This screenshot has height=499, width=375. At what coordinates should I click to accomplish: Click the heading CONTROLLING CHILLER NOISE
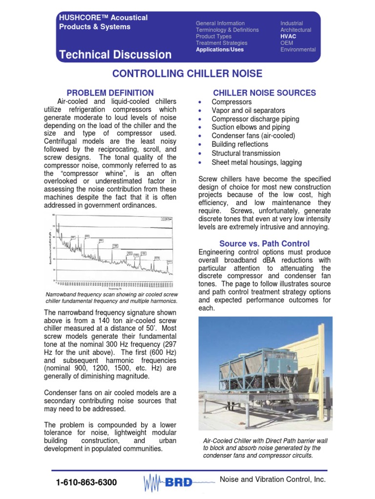[187, 74]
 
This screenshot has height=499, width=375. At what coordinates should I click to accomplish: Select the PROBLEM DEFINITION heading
[110, 93]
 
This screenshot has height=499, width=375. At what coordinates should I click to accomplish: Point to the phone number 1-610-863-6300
[86, 482]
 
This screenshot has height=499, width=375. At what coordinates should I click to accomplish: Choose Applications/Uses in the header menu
[219, 49]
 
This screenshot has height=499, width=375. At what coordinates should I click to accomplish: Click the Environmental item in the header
[298, 49]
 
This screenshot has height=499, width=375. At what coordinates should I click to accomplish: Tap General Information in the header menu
[220, 23]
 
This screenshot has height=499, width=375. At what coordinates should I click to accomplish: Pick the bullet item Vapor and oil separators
[248, 111]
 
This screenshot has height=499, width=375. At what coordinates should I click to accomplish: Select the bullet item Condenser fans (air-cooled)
[253, 136]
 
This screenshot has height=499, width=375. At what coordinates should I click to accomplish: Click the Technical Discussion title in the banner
[115, 55]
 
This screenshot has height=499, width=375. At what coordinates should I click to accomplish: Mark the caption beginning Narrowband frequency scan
[111, 298]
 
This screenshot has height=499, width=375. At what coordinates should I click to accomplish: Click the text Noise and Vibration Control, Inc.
[272, 480]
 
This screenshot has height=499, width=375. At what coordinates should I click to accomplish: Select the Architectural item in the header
[295, 30]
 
